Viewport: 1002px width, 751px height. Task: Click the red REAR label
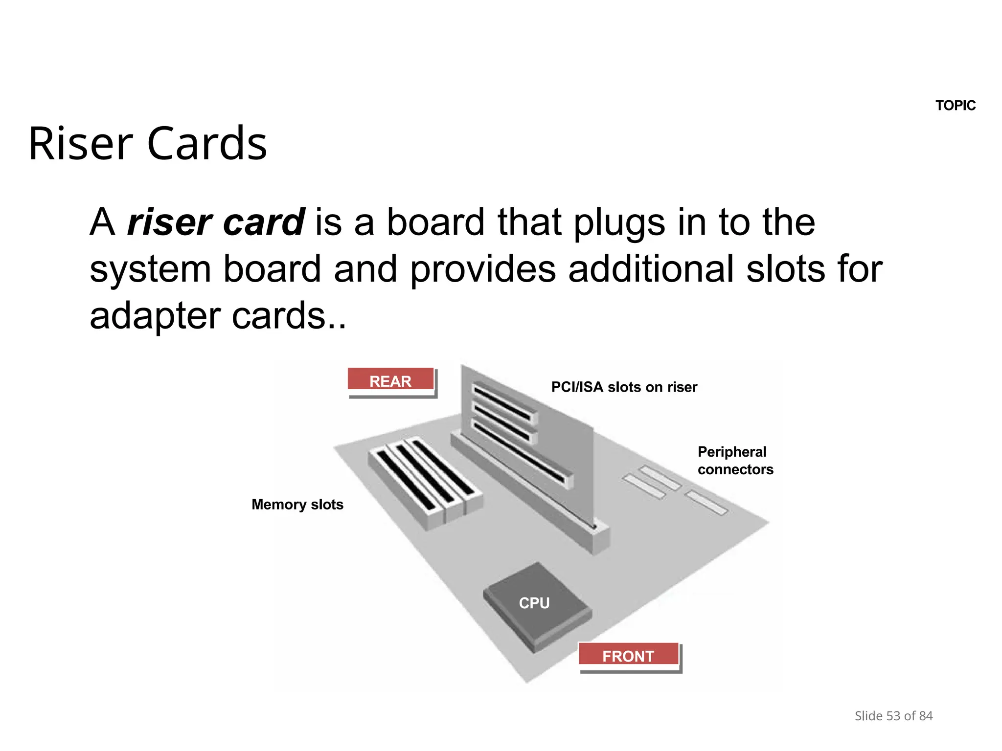coord(390,380)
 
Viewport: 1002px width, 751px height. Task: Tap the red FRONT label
coord(628,655)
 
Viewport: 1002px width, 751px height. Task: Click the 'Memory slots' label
coord(297,504)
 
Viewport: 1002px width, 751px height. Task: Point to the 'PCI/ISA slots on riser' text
coord(624,387)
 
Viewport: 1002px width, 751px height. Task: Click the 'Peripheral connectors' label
coord(735,460)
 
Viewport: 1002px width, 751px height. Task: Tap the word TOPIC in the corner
coord(955,105)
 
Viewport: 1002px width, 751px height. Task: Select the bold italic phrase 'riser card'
coord(216,222)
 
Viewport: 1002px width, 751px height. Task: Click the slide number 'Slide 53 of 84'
coord(893,716)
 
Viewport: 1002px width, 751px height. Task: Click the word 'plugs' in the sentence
coord(619,223)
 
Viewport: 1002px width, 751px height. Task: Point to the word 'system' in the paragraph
coord(150,270)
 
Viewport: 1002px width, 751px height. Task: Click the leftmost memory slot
coord(406,481)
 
